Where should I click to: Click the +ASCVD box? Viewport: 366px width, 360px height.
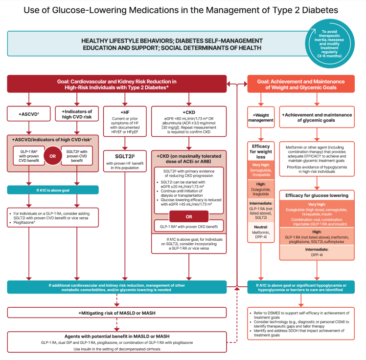(27, 114)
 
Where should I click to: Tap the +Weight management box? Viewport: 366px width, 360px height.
(260, 118)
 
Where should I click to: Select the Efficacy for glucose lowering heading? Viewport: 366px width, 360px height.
(318, 195)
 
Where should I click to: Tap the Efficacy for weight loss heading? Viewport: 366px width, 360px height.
(260, 152)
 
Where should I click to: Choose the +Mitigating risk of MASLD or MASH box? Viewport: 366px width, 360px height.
(116, 312)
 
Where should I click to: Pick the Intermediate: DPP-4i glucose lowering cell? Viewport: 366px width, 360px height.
(318, 252)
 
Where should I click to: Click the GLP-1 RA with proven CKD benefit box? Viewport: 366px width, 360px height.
(189, 228)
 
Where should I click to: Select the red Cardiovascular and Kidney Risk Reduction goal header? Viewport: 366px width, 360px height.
(116, 84)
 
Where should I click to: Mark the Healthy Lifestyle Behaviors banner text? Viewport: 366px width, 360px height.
(171, 44)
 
